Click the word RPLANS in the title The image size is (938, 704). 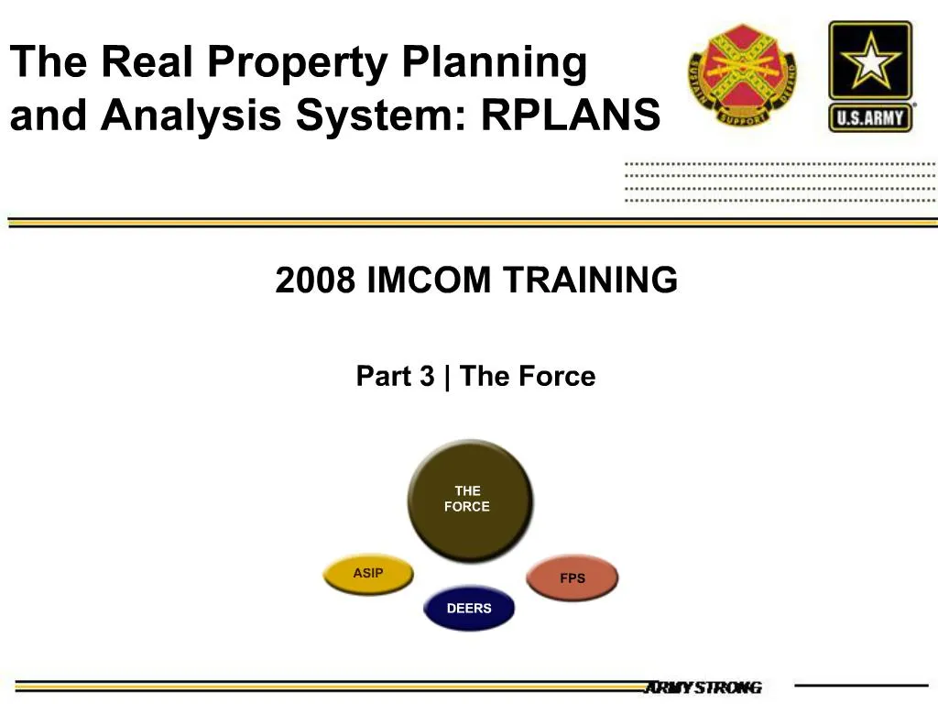click(570, 116)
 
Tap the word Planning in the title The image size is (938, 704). click(495, 62)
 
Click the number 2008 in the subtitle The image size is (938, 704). click(315, 280)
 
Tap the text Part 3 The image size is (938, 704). click(395, 377)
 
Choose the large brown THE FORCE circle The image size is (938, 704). click(468, 500)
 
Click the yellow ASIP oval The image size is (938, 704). click(368, 574)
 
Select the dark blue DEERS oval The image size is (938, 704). click(469, 609)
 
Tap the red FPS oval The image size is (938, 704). click(573, 578)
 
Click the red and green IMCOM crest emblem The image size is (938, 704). click(742, 75)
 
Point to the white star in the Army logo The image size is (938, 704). click(870, 62)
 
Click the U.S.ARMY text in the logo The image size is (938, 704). click(870, 117)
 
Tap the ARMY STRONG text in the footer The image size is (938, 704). click(703, 687)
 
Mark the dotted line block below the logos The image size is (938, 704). click(780, 181)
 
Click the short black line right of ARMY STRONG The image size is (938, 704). click(860, 685)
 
